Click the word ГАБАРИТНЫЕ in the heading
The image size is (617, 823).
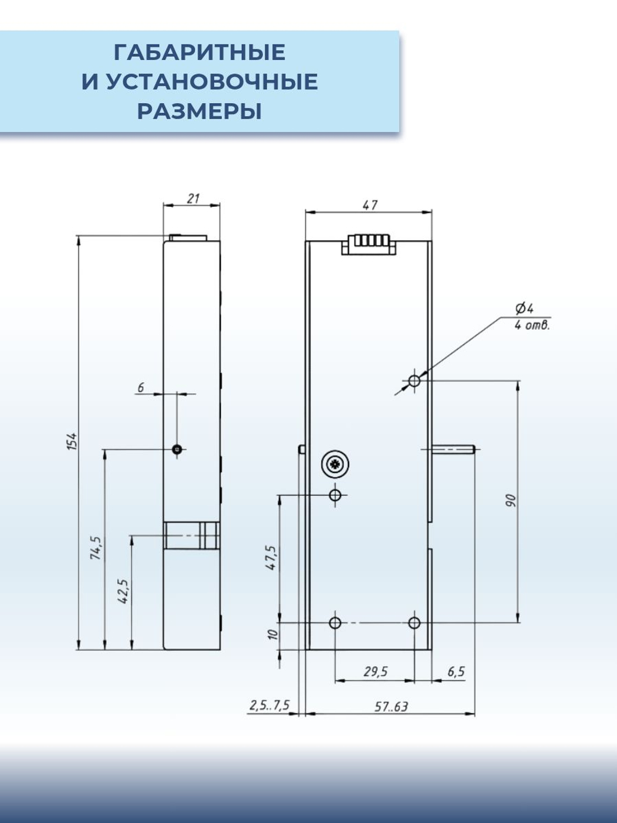click(x=199, y=52)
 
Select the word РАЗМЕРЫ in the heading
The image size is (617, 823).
click(x=199, y=112)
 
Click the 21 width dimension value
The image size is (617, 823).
click(x=193, y=198)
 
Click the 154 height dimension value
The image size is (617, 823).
click(x=72, y=441)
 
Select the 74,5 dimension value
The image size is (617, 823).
click(x=96, y=548)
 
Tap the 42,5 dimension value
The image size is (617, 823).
click(x=123, y=591)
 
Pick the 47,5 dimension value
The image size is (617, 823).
click(x=271, y=558)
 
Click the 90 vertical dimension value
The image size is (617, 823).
click(x=510, y=500)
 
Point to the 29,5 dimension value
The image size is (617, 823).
click(x=375, y=672)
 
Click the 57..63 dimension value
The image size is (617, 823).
click(x=391, y=706)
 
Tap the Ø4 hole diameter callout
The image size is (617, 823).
click(x=524, y=309)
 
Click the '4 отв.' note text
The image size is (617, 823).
click(x=531, y=325)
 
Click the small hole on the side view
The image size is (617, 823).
click(x=177, y=449)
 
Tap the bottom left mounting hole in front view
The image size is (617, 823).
click(x=336, y=622)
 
